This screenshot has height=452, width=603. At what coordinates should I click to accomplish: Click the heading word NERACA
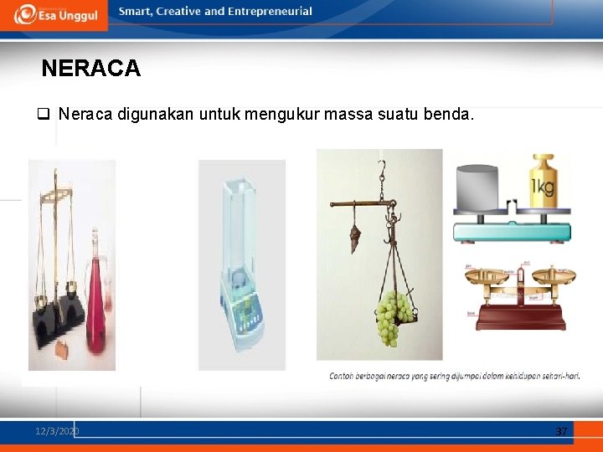click(90, 69)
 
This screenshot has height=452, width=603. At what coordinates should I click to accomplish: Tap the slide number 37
click(561, 431)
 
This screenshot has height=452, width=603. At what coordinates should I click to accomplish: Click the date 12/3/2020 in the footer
click(57, 431)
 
